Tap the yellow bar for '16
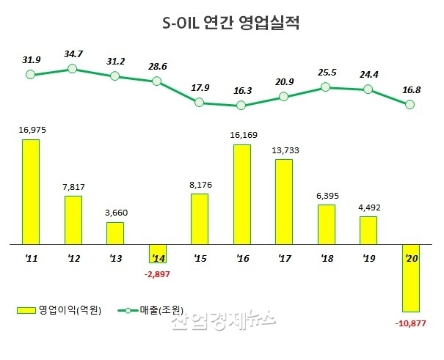click(241, 194)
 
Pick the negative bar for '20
click(411, 277)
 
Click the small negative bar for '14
click(157, 253)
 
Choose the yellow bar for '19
click(368, 229)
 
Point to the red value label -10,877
click(411, 323)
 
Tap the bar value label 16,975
click(31, 130)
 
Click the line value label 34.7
click(73, 54)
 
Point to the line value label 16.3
click(241, 91)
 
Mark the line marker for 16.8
click(411, 105)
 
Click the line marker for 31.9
click(30, 74)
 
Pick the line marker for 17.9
click(200, 103)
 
